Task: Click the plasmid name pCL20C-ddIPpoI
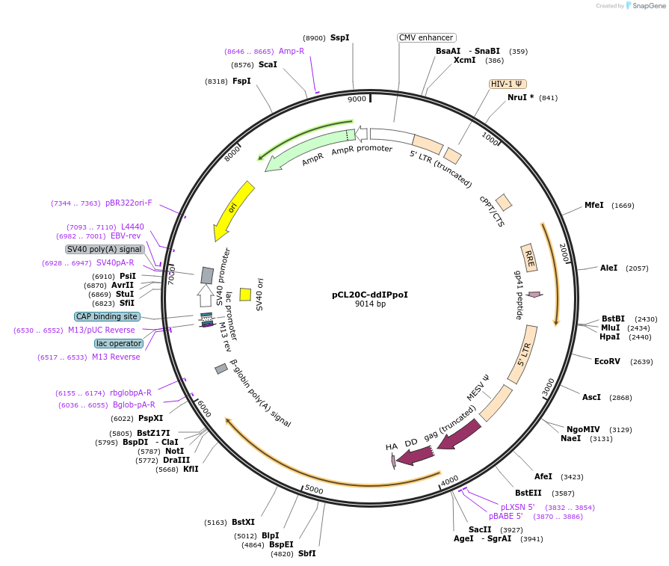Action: click(x=370, y=295)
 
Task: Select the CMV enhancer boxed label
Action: click(x=426, y=37)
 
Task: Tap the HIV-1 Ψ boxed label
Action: click(x=508, y=84)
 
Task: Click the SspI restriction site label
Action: click(x=340, y=37)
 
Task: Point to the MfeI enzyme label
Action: click(x=594, y=205)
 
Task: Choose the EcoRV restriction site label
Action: click(x=607, y=361)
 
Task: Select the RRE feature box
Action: click(x=529, y=258)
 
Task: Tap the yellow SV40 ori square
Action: click(x=245, y=295)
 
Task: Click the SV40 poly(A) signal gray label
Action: click(x=105, y=249)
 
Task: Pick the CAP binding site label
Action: click(x=107, y=316)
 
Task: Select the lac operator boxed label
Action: click(x=119, y=343)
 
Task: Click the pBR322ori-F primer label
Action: click(x=129, y=203)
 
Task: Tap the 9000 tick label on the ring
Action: click(x=357, y=99)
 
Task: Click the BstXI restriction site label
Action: click(x=243, y=522)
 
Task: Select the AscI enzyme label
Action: click(x=591, y=397)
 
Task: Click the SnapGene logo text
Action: click(x=647, y=6)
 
